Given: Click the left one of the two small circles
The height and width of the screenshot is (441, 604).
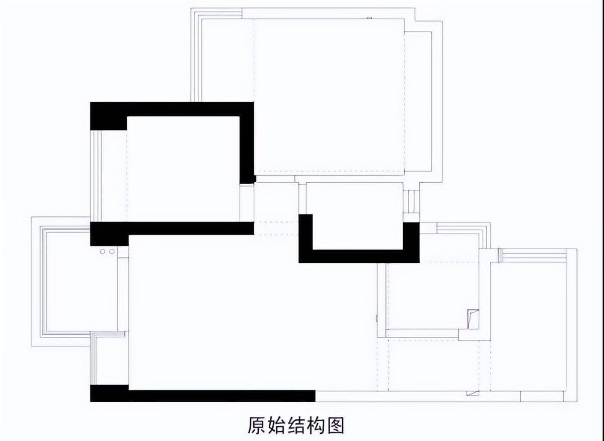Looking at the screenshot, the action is [103, 251].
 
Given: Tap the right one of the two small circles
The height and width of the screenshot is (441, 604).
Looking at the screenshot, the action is [112, 251].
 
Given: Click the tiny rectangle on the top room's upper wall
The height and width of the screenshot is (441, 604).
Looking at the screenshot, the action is [369, 18].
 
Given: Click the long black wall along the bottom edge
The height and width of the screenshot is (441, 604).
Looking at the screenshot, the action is [203, 396].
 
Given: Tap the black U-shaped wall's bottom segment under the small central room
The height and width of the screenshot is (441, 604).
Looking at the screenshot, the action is [359, 256].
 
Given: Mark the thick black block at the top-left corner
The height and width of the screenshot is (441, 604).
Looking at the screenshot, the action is [108, 116].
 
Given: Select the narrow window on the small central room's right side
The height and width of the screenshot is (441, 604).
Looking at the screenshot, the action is [411, 202].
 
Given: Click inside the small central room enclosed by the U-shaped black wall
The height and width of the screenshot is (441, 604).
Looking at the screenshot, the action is [354, 216].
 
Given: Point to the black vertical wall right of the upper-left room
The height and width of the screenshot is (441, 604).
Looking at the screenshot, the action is [247, 143].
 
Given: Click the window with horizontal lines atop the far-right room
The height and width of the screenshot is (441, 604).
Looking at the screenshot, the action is [533, 255].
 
